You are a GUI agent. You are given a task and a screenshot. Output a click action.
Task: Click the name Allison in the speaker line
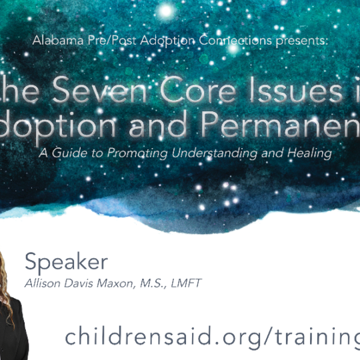click(x=43, y=284)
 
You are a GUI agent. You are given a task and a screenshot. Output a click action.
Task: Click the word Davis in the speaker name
click(x=82, y=284)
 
